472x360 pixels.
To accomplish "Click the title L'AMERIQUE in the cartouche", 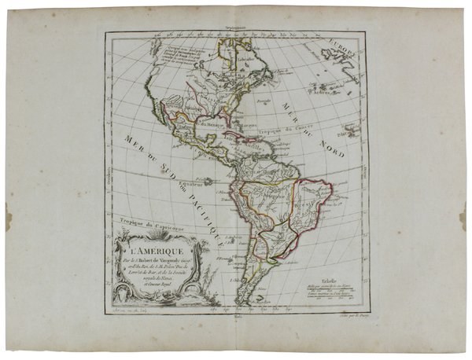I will [x=147, y=249].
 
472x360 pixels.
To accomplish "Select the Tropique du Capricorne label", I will [x=142, y=222].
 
